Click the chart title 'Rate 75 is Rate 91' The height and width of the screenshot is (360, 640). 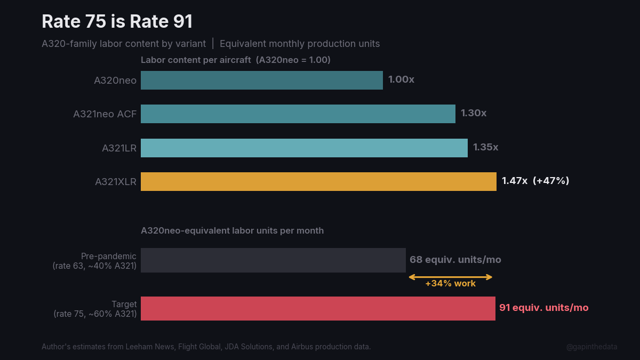[x=117, y=22]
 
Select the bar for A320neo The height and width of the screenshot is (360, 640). [x=261, y=80]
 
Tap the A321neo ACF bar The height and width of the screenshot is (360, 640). [x=298, y=114]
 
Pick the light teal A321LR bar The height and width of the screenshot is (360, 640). [x=304, y=148]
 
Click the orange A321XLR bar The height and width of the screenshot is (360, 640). [x=318, y=181]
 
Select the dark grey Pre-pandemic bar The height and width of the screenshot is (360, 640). [x=273, y=260]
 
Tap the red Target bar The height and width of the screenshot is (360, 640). [x=318, y=308]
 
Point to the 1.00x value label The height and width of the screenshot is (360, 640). [x=401, y=80]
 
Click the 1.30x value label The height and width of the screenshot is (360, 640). [x=474, y=114]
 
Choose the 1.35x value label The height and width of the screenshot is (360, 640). [x=485, y=147]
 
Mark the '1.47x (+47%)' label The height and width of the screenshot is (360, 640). [x=535, y=181]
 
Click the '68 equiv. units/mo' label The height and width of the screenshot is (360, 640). [x=455, y=260]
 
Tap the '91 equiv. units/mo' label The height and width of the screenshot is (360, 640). [x=544, y=308]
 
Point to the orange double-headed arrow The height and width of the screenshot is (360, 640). [x=450, y=277]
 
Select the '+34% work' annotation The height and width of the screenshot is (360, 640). [x=450, y=284]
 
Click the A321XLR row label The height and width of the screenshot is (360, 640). [x=116, y=182]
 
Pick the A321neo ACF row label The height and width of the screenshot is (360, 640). [x=105, y=114]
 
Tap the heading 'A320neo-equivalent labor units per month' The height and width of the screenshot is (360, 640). [x=232, y=231]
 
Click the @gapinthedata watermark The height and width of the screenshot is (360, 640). [x=591, y=347]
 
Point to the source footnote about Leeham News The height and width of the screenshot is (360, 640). [x=206, y=347]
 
